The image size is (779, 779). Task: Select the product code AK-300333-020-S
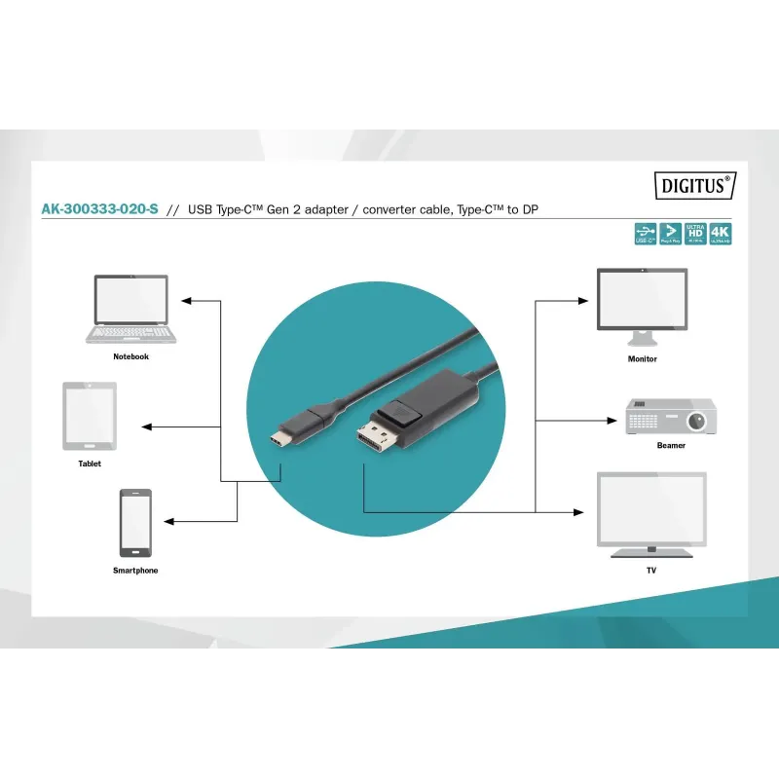(x=99, y=209)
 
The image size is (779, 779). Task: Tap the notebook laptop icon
(x=131, y=309)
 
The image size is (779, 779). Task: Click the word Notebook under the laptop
(x=130, y=357)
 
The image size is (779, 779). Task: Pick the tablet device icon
(x=90, y=416)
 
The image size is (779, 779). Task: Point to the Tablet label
(x=90, y=464)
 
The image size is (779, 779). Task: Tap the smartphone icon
(x=135, y=523)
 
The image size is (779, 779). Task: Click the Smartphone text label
(x=135, y=571)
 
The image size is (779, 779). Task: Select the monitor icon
(x=642, y=306)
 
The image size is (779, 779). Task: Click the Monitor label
(x=642, y=359)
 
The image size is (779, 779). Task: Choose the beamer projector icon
(x=670, y=416)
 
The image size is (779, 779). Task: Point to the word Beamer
(x=670, y=446)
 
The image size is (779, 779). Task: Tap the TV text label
(x=650, y=570)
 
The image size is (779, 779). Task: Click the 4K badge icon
(x=720, y=233)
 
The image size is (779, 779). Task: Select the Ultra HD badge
(x=695, y=233)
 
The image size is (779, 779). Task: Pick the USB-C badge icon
(x=645, y=233)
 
